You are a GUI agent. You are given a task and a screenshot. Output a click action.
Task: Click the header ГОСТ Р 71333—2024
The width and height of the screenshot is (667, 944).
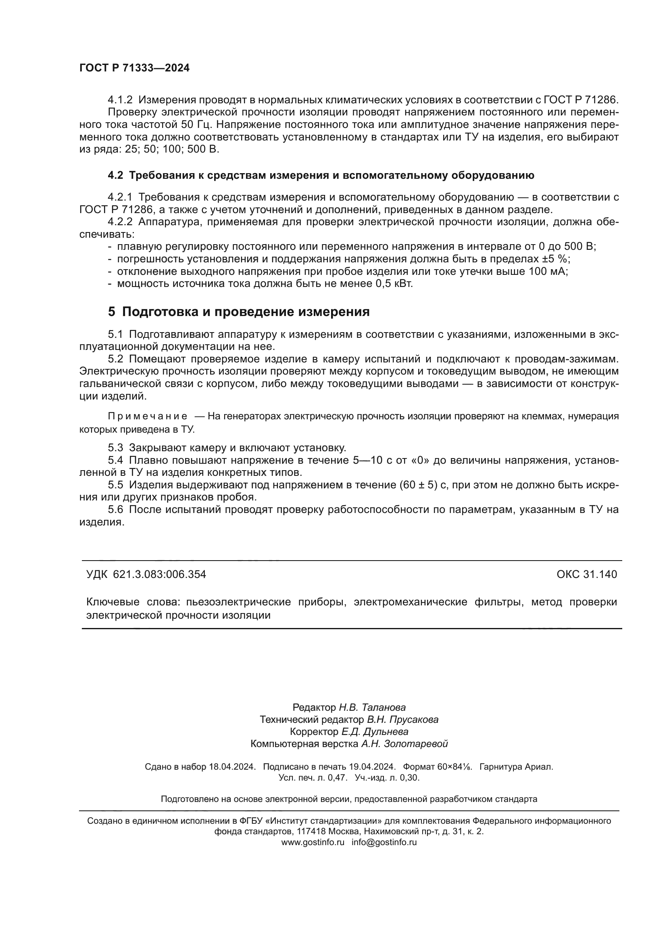pyautogui.click(x=134, y=68)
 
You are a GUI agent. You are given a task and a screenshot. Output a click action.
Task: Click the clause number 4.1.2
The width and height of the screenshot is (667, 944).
pyautogui.click(x=120, y=100)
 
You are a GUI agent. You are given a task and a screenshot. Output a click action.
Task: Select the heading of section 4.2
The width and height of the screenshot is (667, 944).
pyautogui.click(x=321, y=176)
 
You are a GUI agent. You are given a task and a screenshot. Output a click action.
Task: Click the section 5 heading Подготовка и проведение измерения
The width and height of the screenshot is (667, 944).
pyautogui.click(x=239, y=312)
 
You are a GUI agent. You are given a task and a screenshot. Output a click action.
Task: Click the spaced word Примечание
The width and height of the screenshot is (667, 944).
pyautogui.click(x=148, y=417)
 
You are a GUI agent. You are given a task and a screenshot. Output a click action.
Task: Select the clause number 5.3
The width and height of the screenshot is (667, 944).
pyautogui.click(x=115, y=448)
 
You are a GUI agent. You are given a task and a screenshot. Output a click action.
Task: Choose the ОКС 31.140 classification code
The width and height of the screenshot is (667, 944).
pyautogui.click(x=586, y=574)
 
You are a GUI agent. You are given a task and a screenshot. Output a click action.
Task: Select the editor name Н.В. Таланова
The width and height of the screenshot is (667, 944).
pyautogui.click(x=372, y=707)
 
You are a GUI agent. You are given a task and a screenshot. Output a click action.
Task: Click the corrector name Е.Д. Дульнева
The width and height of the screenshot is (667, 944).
pyautogui.click(x=375, y=732)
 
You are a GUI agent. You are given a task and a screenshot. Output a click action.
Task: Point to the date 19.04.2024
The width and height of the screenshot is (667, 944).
pyautogui.click(x=372, y=767)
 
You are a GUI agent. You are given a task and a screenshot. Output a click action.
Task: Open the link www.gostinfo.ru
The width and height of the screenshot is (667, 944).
pyautogui.click(x=313, y=842)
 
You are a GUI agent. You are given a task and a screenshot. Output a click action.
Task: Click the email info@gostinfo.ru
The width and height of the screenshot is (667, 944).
pyautogui.click(x=384, y=842)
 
